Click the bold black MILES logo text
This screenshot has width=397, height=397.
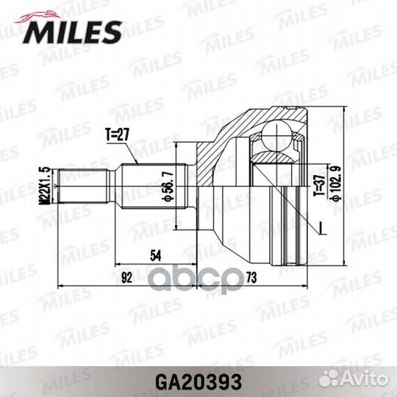[x=72, y=32]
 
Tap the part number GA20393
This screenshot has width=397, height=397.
[x=198, y=382]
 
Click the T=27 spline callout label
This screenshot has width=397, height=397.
[x=117, y=135]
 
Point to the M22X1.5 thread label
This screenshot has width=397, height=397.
[x=47, y=185]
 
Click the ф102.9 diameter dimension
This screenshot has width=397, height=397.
[x=337, y=184]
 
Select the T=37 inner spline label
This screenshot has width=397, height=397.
[x=319, y=185]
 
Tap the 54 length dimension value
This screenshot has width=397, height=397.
[x=155, y=255]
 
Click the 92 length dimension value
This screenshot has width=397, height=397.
[x=127, y=278]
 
